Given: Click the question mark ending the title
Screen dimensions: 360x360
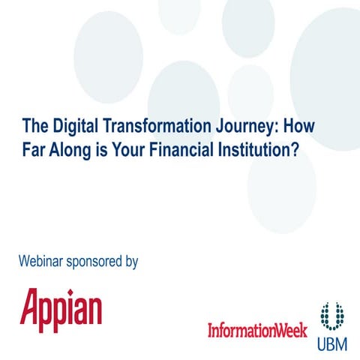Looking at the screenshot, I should coord(295,145).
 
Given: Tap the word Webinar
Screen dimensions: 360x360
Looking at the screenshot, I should coord(44,262).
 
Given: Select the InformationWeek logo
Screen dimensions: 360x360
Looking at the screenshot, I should coord(256,329).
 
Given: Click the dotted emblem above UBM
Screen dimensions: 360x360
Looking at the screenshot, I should coord(331,316).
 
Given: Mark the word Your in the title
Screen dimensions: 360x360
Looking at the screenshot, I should coord(123,145).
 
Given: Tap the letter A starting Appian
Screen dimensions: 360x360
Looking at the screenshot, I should coord(30,309).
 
